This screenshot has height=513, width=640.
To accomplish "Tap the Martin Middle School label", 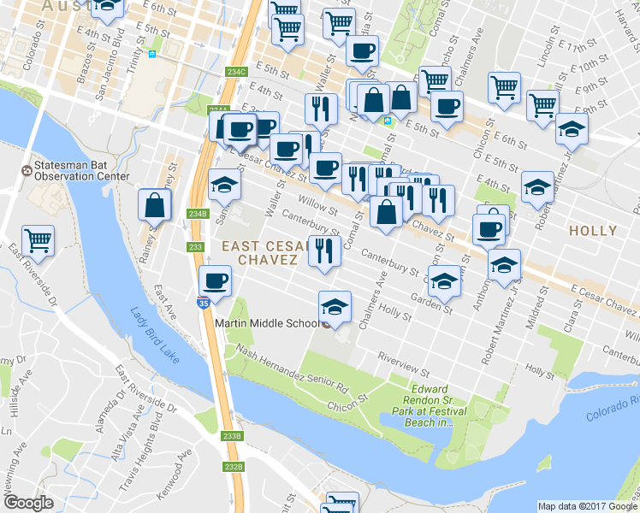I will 267,324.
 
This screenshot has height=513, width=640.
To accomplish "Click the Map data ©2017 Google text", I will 587,505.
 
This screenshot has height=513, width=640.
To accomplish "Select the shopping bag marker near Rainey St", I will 155,205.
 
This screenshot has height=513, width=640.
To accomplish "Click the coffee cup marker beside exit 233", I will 215,280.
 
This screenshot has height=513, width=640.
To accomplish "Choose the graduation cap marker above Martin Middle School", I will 335,306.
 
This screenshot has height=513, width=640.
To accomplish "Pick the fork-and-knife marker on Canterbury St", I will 323,251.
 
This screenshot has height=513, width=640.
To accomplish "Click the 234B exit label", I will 198,214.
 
